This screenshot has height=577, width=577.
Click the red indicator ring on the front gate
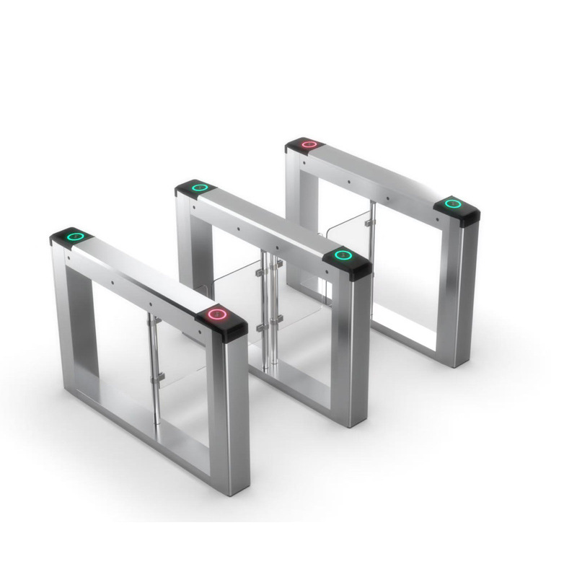point(216,314)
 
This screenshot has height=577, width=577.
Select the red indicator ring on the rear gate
point(309,144)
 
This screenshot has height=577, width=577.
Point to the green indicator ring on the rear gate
point(452,203)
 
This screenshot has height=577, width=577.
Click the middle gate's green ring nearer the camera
point(343,255)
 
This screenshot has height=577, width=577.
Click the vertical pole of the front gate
point(152,361)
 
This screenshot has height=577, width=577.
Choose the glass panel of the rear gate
point(346,245)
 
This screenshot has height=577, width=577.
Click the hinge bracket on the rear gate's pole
point(369,224)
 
